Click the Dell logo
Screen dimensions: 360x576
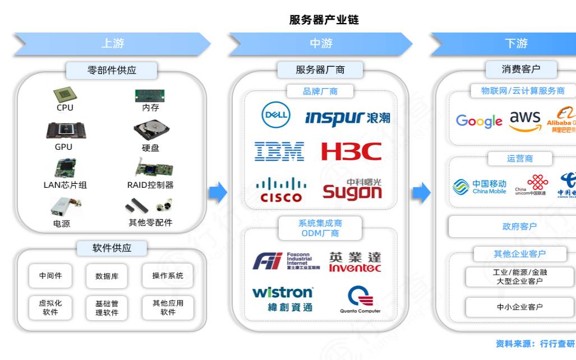pyautogui.click(x=275, y=116)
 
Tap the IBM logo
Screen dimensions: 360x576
pyautogui.click(x=279, y=151)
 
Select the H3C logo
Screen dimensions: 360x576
pyautogui.click(x=352, y=151)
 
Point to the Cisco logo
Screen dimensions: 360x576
pyautogui.click(x=281, y=190)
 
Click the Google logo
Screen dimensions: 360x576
pyautogui.click(x=479, y=121)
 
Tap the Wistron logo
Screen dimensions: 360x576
pyautogui.click(x=282, y=298)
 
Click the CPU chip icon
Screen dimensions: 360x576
pyautogui.click(x=65, y=94)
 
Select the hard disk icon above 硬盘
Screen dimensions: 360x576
pyautogui.click(x=150, y=132)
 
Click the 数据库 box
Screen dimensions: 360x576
pyautogui.click(x=107, y=276)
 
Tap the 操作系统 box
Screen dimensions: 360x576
pyautogui.click(x=167, y=275)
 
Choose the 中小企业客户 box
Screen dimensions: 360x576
pyautogui.click(x=519, y=307)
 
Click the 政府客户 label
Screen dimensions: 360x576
pyautogui.click(x=519, y=227)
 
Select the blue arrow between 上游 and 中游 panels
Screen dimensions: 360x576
pyautogui.click(x=218, y=193)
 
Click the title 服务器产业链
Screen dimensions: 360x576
pyautogui.click(x=324, y=20)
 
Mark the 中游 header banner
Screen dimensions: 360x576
pyautogui.click(x=321, y=44)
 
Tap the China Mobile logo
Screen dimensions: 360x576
pyautogui.click(x=480, y=187)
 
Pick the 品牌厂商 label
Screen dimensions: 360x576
pyautogui.click(x=320, y=91)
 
